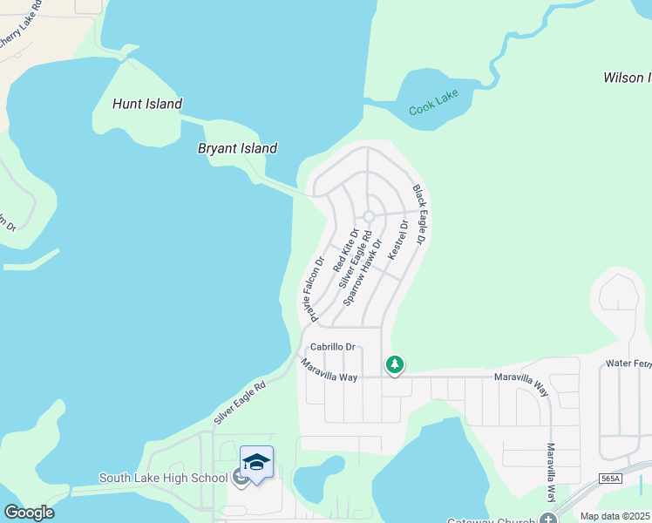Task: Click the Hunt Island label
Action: tap(147, 104)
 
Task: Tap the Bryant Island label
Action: tap(237, 148)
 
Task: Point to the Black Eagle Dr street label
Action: tap(421, 214)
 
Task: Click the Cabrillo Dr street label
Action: tap(334, 346)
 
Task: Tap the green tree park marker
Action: tap(395, 363)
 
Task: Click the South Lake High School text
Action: tap(164, 478)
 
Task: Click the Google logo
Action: tap(29, 513)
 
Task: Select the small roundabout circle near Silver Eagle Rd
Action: tap(369, 216)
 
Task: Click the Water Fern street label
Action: tap(628, 362)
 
